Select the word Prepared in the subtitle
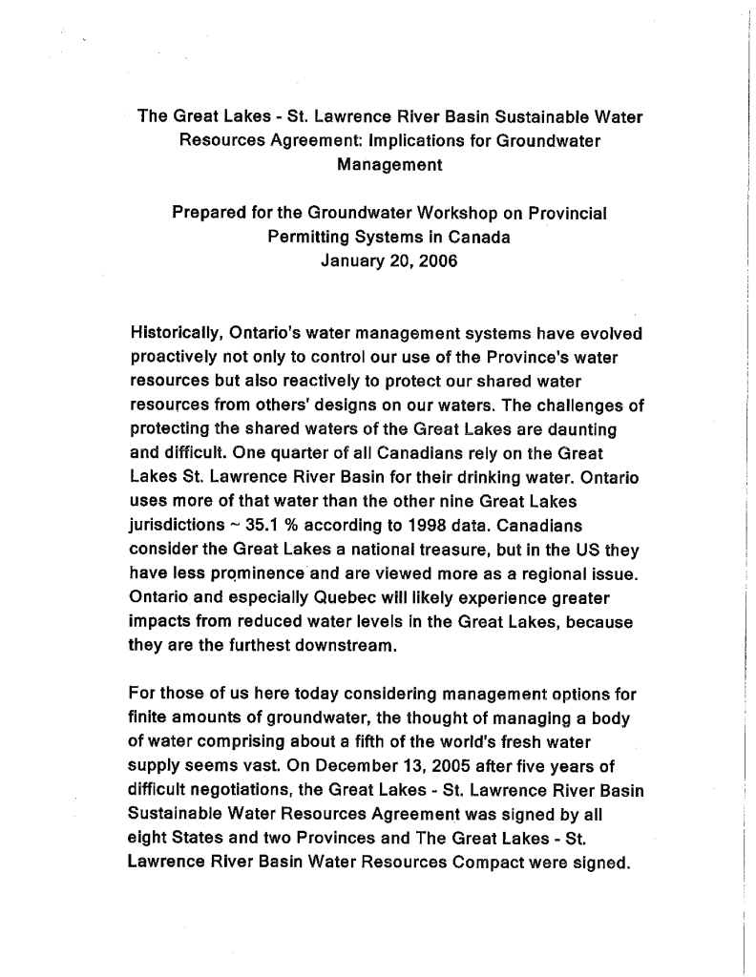pos(207,214)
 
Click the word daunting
pos(582,429)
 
